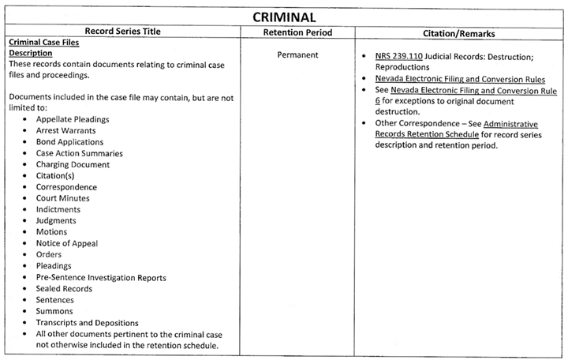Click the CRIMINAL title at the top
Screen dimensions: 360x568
(284, 17)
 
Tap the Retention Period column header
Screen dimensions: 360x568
(297, 33)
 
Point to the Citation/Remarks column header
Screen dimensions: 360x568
(459, 33)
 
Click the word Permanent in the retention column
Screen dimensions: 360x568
(297, 55)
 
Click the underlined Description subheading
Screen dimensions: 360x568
(30, 54)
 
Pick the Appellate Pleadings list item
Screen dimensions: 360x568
(73, 119)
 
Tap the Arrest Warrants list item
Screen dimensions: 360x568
(66, 130)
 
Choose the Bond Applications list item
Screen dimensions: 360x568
(69, 142)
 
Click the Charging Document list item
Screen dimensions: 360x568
(73, 164)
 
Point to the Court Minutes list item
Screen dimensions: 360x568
(63, 198)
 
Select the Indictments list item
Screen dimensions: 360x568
(58, 209)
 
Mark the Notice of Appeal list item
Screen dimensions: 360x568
(67, 243)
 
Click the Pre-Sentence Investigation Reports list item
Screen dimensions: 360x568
(101, 278)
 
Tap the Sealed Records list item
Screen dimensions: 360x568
(64, 289)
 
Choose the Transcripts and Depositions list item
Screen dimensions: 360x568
(87, 323)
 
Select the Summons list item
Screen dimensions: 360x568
(54, 312)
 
